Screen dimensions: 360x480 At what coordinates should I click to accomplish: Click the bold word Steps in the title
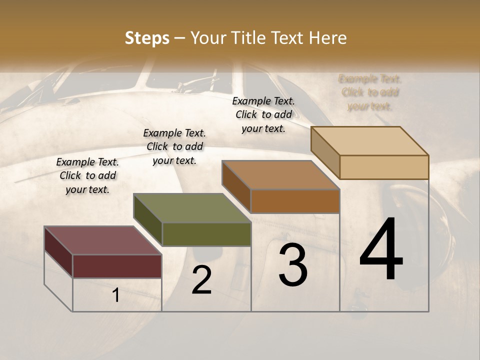pyautogui.click(x=147, y=38)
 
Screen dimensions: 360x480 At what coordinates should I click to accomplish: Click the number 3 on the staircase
pyautogui.click(x=293, y=265)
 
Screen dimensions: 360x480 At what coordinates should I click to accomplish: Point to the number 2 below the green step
pyautogui.click(x=201, y=280)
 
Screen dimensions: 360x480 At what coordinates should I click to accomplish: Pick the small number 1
pyautogui.click(x=116, y=295)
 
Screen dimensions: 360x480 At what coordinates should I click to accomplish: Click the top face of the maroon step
pyautogui.click(x=103, y=240)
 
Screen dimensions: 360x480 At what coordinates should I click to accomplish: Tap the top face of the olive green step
pyautogui.click(x=192, y=208)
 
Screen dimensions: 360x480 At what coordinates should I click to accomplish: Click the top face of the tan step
pyautogui.click(x=370, y=141)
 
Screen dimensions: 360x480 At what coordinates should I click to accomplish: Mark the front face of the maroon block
pyautogui.click(x=117, y=266)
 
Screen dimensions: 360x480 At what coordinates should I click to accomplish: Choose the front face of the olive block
pyautogui.click(x=206, y=234)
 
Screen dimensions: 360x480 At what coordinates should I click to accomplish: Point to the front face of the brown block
pyautogui.click(x=295, y=201)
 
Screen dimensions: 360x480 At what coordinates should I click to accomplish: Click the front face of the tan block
pyautogui.click(x=384, y=167)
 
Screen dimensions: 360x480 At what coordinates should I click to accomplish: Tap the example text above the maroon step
pyautogui.click(x=87, y=176)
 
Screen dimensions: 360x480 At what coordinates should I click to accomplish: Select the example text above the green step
pyautogui.click(x=174, y=146)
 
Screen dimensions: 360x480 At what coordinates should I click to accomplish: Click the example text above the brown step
pyautogui.click(x=263, y=114)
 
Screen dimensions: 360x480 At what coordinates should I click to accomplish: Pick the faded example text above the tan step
pyautogui.click(x=370, y=92)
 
